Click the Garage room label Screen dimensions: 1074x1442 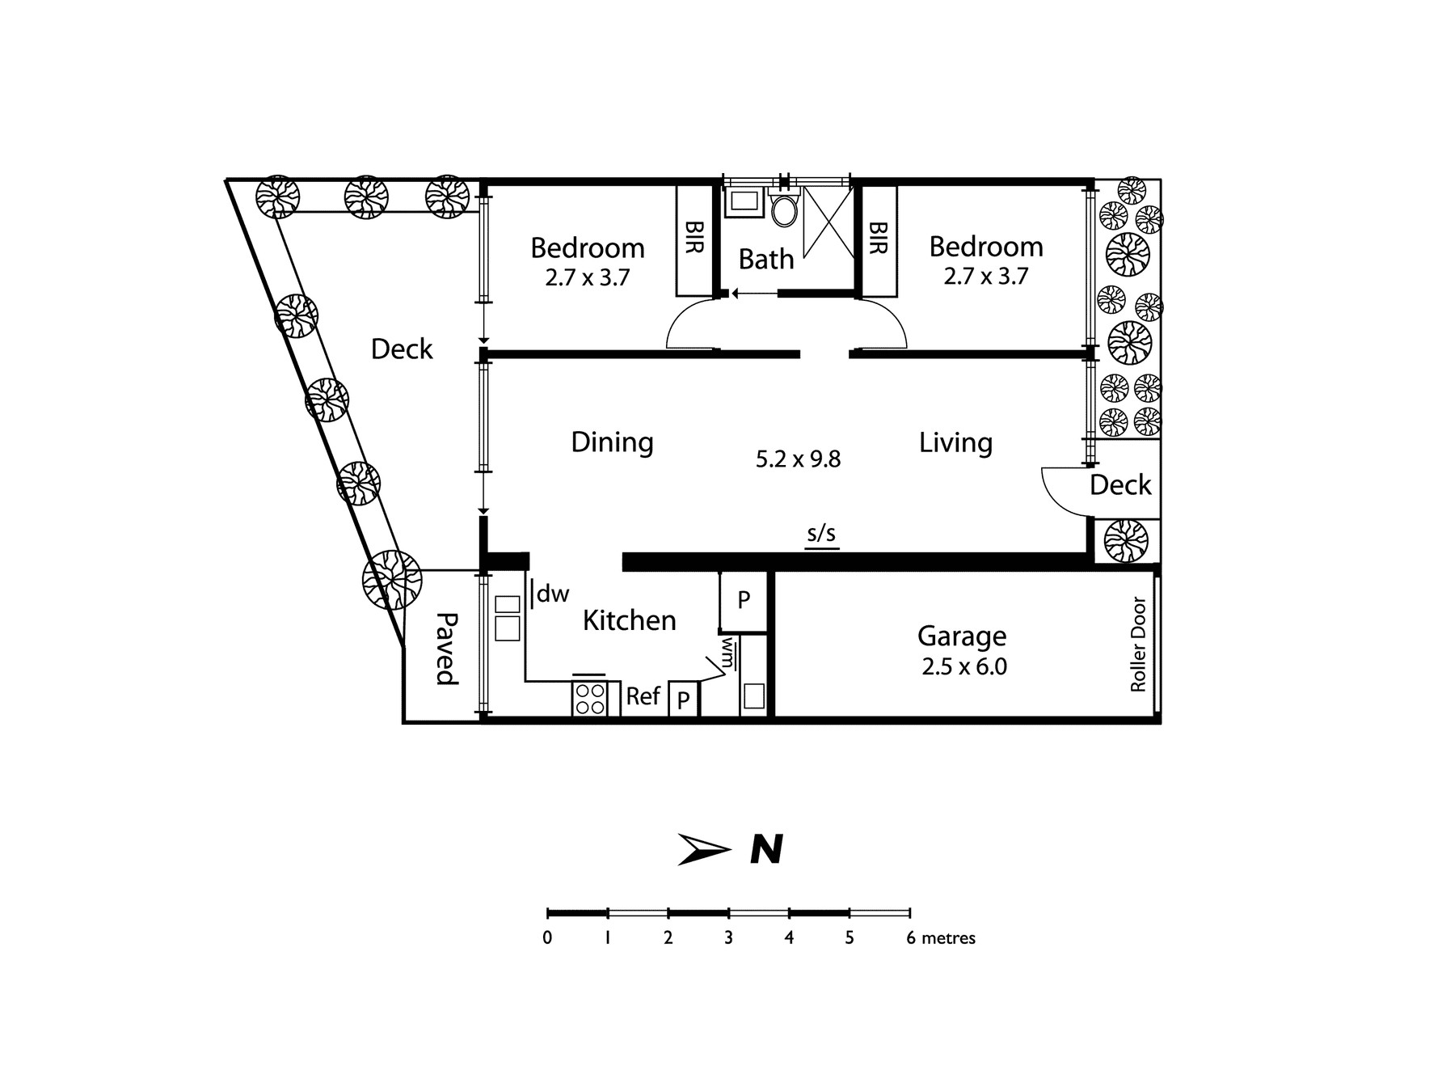tap(962, 636)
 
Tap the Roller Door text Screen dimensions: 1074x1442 tap(1138, 645)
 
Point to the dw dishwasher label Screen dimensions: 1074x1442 tap(553, 594)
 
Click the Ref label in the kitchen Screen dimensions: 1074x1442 tap(643, 696)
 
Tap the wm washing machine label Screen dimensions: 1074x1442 tap(728, 653)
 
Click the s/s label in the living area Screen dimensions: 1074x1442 tap(821, 534)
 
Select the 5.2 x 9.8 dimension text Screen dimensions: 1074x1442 tap(798, 459)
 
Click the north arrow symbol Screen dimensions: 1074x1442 tap(703, 849)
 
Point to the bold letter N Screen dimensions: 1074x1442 tap(767, 850)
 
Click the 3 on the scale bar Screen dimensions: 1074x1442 tap(728, 938)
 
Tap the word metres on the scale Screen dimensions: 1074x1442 tap(949, 938)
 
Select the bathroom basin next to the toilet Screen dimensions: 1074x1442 tap(743, 202)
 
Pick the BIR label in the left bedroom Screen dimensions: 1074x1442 tap(694, 238)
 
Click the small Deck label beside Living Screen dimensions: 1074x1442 tap(1120, 485)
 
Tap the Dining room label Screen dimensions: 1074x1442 tap(612, 442)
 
